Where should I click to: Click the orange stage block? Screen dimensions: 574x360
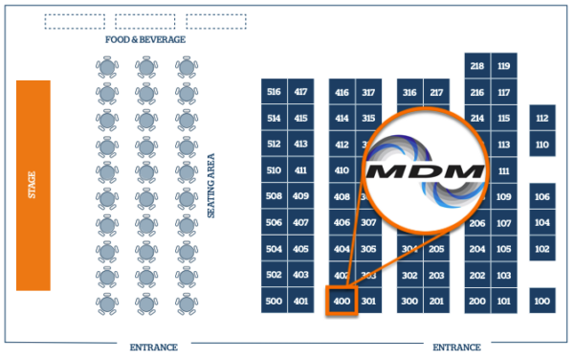[33, 185]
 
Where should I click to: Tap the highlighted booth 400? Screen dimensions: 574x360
[342, 301]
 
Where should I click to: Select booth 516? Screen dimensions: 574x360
[274, 92]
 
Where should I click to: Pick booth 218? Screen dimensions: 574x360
[477, 66]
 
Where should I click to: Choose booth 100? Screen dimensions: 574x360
[542, 301]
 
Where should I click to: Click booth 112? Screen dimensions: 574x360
[542, 119]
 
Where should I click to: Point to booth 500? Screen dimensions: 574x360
[274, 301]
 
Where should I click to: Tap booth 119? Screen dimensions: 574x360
[504, 66]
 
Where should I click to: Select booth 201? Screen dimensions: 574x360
[436, 301]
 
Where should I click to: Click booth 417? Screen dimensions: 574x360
[301, 92]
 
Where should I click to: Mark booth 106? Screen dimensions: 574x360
[542, 196]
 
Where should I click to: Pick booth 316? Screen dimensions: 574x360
[409, 92]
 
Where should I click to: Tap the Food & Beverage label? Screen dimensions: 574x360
[145, 40]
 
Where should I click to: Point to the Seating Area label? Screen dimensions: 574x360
[211, 185]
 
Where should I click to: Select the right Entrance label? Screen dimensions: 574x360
[456, 347]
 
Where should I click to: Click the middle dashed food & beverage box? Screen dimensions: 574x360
[145, 21]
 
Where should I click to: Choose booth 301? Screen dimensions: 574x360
[369, 301]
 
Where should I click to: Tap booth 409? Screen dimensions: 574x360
[301, 196]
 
